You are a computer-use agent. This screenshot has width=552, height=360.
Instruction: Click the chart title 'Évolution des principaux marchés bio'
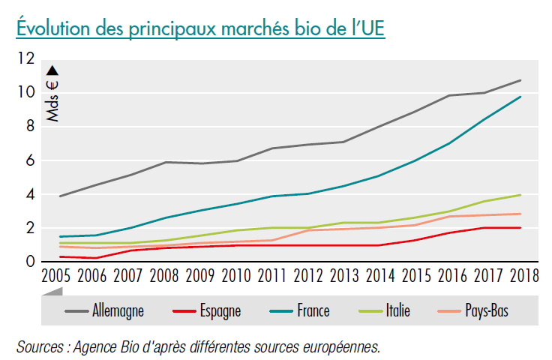click(x=200, y=28)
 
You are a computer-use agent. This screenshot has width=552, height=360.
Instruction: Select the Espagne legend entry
click(x=218, y=310)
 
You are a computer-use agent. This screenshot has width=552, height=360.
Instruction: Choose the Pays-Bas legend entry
click(x=484, y=310)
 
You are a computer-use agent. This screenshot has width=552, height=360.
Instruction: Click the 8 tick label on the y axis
click(x=31, y=127)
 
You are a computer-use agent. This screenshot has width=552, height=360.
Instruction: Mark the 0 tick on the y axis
click(x=31, y=262)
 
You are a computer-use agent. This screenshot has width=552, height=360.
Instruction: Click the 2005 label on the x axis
click(x=60, y=277)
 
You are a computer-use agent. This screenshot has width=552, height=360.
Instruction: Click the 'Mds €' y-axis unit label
click(x=53, y=94)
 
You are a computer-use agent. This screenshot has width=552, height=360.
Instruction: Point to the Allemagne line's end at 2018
click(x=520, y=80)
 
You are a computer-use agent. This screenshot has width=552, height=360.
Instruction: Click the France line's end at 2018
click(x=520, y=97)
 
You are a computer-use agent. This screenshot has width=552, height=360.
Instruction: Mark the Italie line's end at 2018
click(x=520, y=195)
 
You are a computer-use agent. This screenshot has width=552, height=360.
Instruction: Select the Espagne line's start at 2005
click(x=60, y=256)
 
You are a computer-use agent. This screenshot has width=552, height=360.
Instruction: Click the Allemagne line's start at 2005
click(x=60, y=196)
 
